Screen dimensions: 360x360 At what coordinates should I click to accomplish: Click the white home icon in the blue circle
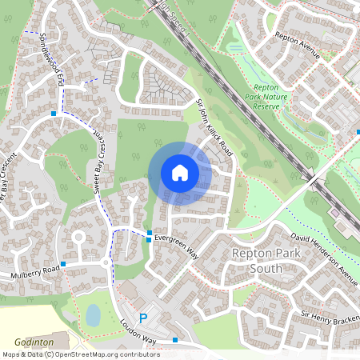click(x=180, y=173)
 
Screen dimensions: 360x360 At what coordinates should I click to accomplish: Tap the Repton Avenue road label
click(x=297, y=46)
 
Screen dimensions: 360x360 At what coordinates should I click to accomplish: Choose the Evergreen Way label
click(x=177, y=246)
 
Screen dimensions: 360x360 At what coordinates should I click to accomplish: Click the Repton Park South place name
click(x=267, y=261)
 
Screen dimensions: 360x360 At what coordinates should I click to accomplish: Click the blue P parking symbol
click(x=144, y=318)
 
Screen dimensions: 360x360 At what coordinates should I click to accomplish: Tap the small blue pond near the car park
click(x=93, y=315)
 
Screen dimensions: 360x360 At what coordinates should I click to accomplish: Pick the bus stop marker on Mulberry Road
click(x=63, y=263)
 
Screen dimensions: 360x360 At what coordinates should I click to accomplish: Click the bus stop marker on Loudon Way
click(x=175, y=341)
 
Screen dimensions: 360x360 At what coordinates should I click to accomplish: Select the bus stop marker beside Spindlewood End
click(x=53, y=114)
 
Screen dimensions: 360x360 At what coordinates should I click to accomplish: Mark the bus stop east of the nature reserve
click(x=356, y=130)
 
